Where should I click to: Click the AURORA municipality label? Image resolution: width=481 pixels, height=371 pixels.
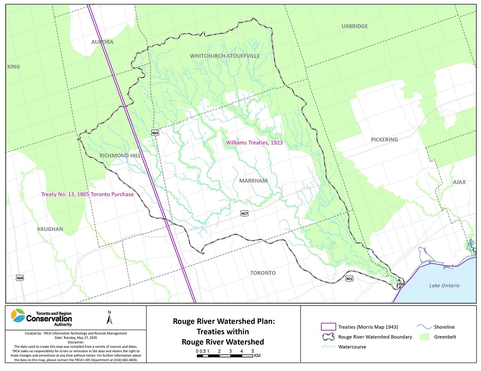click(x=102, y=42)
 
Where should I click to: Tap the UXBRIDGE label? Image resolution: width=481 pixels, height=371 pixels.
click(x=354, y=26)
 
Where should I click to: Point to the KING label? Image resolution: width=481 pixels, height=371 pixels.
click(x=14, y=67)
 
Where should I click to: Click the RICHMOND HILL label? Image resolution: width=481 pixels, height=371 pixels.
click(x=120, y=156)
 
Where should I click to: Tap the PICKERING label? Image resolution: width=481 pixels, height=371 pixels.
click(x=384, y=139)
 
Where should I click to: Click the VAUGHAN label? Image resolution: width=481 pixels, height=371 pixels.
click(x=50, y=229)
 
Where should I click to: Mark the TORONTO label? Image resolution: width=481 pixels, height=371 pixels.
click(x=263, y=273)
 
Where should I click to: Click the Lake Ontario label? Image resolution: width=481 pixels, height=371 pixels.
click(x=444, y=285)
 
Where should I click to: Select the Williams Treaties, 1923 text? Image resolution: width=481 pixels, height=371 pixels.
click(x=254, y=142)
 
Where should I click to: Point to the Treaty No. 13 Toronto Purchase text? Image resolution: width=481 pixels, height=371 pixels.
click(x=87, y=194)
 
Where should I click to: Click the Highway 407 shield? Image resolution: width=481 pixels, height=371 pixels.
click(x=244, y=213)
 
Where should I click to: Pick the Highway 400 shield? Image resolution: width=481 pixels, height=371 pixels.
click(x=19, y=278)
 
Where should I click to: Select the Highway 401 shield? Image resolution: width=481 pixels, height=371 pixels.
click(x=349, y=278)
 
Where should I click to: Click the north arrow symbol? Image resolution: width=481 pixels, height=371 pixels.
click(x=109, y=318)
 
